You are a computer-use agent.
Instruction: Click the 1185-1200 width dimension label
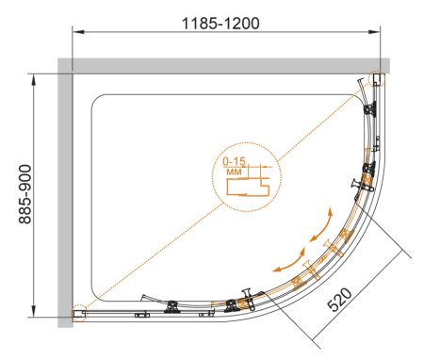pyautogui.click(x=220, y=24)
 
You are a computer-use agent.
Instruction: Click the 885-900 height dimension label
pyautogui.click(x=25, y=194)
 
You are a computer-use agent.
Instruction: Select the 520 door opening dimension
pyautogui.click(x=339, y=300)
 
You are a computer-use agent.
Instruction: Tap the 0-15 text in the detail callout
pyautogui.click(x=234, y=161)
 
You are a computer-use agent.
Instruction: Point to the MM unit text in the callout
pyautogui.click(x=234, y=172)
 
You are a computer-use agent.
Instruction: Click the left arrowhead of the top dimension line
pyautogui.click(x=78, y=32)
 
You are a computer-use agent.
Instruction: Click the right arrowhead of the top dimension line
pyautogui.click(x=374, y=32)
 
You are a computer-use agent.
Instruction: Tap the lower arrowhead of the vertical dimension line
pyautogui.click(x=33, y=311)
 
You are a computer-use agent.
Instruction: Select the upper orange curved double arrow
pyautogui.click(x=322, y=225)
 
